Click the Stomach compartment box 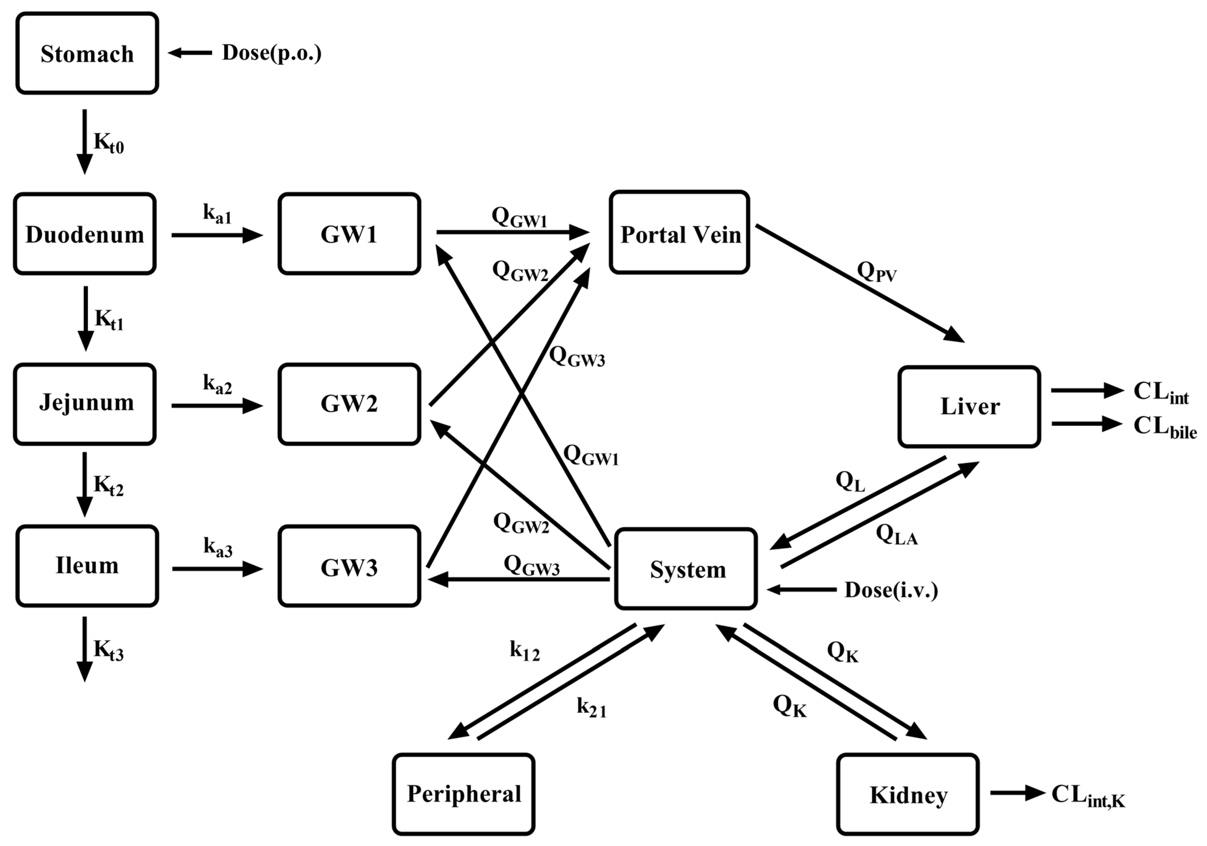pos(87,53)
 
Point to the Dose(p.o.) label pos(272,53)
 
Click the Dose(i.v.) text pos(891,590)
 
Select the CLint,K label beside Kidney pos(1087,796)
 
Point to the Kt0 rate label pos(108,143)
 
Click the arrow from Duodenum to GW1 pos(217,235)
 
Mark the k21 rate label pos(591,708)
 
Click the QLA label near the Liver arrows pos(896,535)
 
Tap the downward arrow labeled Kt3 pos(85,649)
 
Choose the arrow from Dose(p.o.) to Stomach pos(190,53)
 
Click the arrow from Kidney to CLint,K pos(1017,793)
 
